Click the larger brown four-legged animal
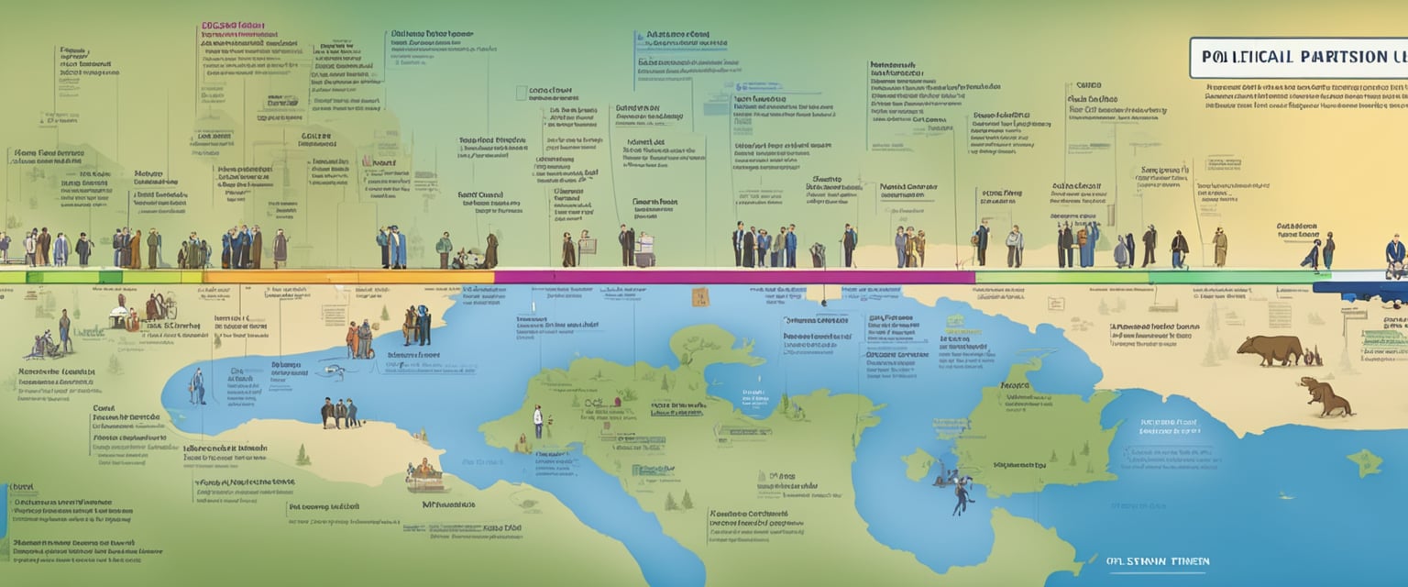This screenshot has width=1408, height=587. [1270, 349]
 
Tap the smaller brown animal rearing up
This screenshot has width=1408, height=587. [1324, 396]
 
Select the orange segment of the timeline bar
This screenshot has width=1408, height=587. [348, 276]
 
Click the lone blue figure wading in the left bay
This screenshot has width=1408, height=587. [198, 386]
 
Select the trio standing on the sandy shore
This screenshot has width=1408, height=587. [339, 413]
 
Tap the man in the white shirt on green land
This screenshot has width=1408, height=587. [538, 421]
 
